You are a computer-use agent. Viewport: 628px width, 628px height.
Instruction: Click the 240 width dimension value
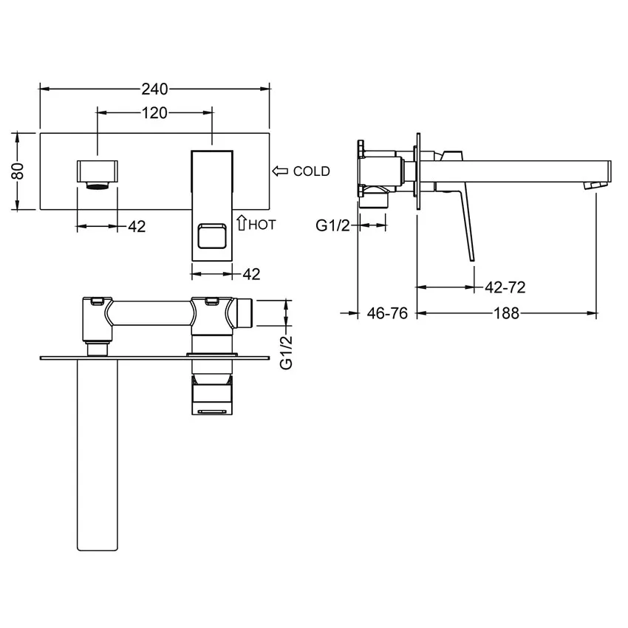154,89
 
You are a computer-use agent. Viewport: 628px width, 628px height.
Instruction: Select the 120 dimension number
154,113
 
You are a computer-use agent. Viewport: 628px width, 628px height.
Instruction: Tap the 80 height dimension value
18,171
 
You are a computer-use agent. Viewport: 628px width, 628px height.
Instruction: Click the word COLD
311,171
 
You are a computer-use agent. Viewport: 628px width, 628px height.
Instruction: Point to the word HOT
262,225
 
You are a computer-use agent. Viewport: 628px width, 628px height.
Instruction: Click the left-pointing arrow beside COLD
280,171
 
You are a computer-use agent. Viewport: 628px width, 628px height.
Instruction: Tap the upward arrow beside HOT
241,222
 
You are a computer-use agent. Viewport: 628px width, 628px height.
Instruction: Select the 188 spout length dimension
506,313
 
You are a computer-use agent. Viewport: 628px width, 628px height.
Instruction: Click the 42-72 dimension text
505,287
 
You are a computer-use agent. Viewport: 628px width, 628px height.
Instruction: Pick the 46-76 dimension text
387,313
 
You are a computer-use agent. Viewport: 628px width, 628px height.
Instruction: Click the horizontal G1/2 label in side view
332,226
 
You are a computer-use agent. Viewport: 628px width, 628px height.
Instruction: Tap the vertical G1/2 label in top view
287,352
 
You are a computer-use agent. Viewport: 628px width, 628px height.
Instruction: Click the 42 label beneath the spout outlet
137,227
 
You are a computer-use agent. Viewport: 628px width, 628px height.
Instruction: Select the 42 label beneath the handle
251,274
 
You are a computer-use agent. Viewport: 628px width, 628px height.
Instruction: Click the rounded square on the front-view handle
212,236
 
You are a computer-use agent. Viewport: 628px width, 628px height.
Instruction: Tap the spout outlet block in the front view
98,171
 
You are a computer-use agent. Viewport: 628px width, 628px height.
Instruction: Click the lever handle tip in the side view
472,259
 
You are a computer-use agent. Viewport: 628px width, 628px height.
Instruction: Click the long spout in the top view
98,454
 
